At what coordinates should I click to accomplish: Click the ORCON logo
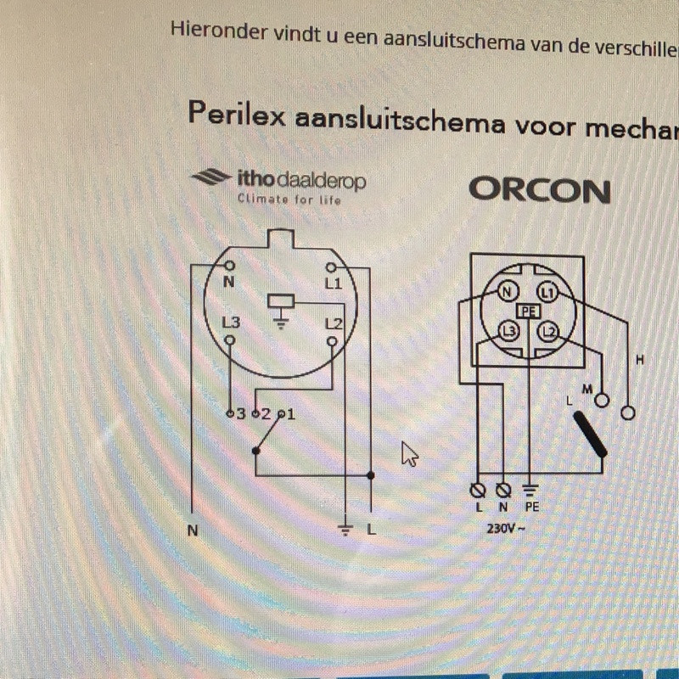click(x=540, y=190)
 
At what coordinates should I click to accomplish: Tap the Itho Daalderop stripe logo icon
click(x=210, y=177)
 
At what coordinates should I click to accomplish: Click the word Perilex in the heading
click(x=237, y=114)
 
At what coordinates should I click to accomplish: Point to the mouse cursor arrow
click(x=410, y=454)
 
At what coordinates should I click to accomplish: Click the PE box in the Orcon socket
click(x=529, y=311)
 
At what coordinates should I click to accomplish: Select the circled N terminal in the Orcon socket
click(x=507, y=292)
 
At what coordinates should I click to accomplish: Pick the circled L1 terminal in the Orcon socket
click(x=547, y=293)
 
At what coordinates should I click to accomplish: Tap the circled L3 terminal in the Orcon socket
click(x=508, y=331)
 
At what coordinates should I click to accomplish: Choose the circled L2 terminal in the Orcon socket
click(x=548, y=332)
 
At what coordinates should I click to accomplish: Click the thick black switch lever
click(x=590, y=435)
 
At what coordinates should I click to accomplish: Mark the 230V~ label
click(x=506, y=529)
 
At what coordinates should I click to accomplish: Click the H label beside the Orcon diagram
click(x=640, y=360)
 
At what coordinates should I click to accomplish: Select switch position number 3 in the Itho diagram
click(x=241, y=414)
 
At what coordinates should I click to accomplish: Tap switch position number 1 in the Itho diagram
click(x=290, y=415)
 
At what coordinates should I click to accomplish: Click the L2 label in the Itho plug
click(x=334, y=324)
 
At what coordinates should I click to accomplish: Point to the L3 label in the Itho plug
click(x=231, y=323)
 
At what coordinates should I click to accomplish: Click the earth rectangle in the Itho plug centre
click(x=281, y=300)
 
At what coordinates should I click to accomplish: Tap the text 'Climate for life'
click(x=289, y=199)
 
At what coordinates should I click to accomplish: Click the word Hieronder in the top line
click(x=219, y=31)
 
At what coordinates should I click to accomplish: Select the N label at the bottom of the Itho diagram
click(x=193, y=530)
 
